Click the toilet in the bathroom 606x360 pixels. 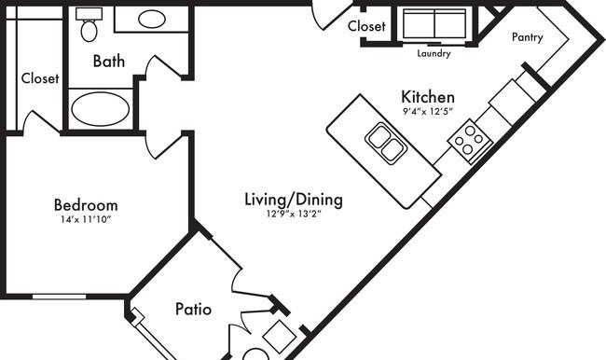[x=90, y=24]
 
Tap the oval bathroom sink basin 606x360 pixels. [x=152, y=19]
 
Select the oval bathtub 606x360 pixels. [x=101, y=109]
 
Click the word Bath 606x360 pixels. [x=109, y=62]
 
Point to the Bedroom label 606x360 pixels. [x=86, y=204]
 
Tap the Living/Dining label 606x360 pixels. [x=294, y=200]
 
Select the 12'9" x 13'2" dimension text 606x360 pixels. [x=294, y=214]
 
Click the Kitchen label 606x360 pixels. [x=428, y=97]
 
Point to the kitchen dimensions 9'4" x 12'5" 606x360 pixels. [x=428, y=112]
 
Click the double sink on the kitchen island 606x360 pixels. [x=385, y=143]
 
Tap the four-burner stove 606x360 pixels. [x=470, y=141]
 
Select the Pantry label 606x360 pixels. [x=528, y=37]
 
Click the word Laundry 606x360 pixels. [x=434, y=53]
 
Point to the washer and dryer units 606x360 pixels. [x=434, y=23]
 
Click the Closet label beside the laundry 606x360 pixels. [x=366, y=26]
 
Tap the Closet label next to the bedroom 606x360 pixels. [x=40, y=78]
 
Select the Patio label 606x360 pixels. [x=193, y=309]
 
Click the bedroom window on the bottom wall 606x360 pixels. [x=59, y=297]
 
